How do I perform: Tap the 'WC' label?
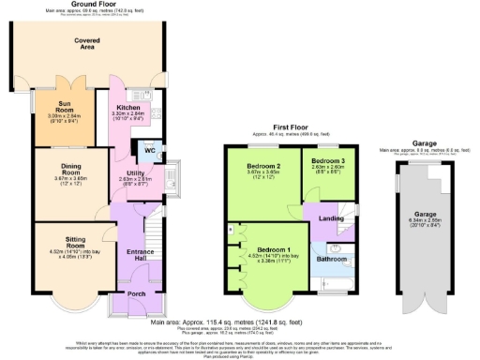click(148, 149)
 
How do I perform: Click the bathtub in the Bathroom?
click(327, 281)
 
